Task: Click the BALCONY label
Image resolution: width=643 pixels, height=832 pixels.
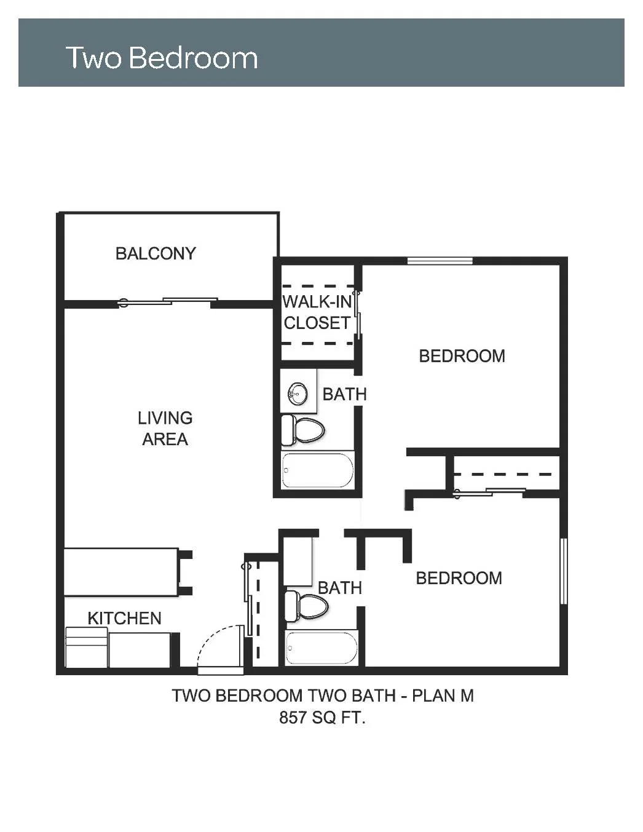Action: pyautogui.click(x=156, y=253)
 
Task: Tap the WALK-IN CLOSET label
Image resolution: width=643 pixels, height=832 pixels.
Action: pyautogui.click(x=317, y=312)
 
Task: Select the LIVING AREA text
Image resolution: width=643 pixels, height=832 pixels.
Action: pyautogui.click(x=165, y=429)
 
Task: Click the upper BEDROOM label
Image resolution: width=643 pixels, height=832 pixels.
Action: pyautogui.click(x=462, y=356)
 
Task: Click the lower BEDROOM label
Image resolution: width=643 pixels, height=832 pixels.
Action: pyautogui.click(x=459, y=578)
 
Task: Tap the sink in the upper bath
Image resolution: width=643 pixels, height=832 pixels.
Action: pyautogui.click(x=298, y=394)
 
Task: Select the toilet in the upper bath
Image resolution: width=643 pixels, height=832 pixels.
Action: pyautogui.click(x=302, y=430)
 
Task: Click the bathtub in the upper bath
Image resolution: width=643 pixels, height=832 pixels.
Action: pyautogui.click(x=318, y=470)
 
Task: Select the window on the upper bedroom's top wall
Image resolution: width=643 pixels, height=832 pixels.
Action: pyautogui.click(x=440, y=261)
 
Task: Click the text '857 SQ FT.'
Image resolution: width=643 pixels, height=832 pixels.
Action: pyautogui.click(x=322, y=718)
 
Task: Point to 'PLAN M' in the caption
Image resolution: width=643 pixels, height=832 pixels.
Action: pyautogui.click(x=443, y=695)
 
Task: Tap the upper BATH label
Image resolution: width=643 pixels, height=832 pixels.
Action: pyautogui.click(x=344, y=394)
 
